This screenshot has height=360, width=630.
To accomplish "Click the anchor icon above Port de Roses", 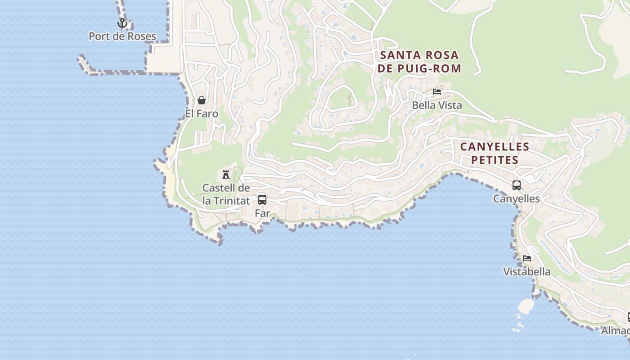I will click(122, 23).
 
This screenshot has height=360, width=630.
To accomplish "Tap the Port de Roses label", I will click(122, 36).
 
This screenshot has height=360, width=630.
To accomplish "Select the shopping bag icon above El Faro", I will click(202, 100).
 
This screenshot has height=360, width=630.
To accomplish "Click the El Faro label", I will click(202, 114).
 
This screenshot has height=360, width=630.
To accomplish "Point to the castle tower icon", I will click(226, 175).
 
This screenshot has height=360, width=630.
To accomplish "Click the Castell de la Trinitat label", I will click(226, 194).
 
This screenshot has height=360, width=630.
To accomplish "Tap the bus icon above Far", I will click(262, 200).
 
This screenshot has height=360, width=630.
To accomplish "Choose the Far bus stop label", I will click(262, 213).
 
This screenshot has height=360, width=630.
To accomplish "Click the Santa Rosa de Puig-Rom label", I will click(419, 62).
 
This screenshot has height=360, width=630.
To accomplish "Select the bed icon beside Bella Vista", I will click(436, 92).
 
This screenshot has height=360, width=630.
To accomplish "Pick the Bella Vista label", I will click(437, 105).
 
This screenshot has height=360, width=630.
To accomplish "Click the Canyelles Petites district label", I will click(495, 153).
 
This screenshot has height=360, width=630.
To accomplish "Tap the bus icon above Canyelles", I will click(517, 185).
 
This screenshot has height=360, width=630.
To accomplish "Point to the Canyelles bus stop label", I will click(517, 198).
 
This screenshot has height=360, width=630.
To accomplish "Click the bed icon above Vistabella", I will click(527, 258).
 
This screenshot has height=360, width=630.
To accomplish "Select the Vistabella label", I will click(527, 272).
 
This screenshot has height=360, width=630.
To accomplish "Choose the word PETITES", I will click(495, 160).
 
